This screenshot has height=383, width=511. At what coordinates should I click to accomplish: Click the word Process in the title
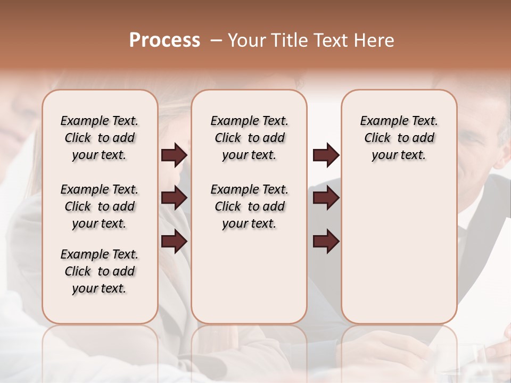(164, 40)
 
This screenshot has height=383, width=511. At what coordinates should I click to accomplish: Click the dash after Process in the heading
(217, 41)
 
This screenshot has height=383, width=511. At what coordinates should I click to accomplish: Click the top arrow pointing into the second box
(174, 155)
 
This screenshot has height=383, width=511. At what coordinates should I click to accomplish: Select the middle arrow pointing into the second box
(174, 198)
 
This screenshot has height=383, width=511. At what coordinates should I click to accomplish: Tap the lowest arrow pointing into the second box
(174, 241)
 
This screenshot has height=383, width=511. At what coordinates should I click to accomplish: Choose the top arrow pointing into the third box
(326, 155)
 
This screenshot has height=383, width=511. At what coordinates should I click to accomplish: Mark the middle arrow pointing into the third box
(326, 198)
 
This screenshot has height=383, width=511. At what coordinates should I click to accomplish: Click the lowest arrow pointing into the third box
(326, 241)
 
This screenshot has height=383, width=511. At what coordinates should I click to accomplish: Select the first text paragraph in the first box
(100, 138)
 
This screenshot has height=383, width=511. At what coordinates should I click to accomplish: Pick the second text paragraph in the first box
(100, 206)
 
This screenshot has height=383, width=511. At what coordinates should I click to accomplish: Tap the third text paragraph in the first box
(100, 271)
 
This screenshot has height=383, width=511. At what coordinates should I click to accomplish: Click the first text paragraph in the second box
(249, 138)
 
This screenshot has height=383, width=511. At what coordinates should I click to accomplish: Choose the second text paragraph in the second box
(249, 206)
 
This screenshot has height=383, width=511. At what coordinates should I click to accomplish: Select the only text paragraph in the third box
(399, 138)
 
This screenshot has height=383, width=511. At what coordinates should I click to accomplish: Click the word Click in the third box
(377, 138)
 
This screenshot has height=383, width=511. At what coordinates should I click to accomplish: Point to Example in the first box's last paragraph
(80, 255)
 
